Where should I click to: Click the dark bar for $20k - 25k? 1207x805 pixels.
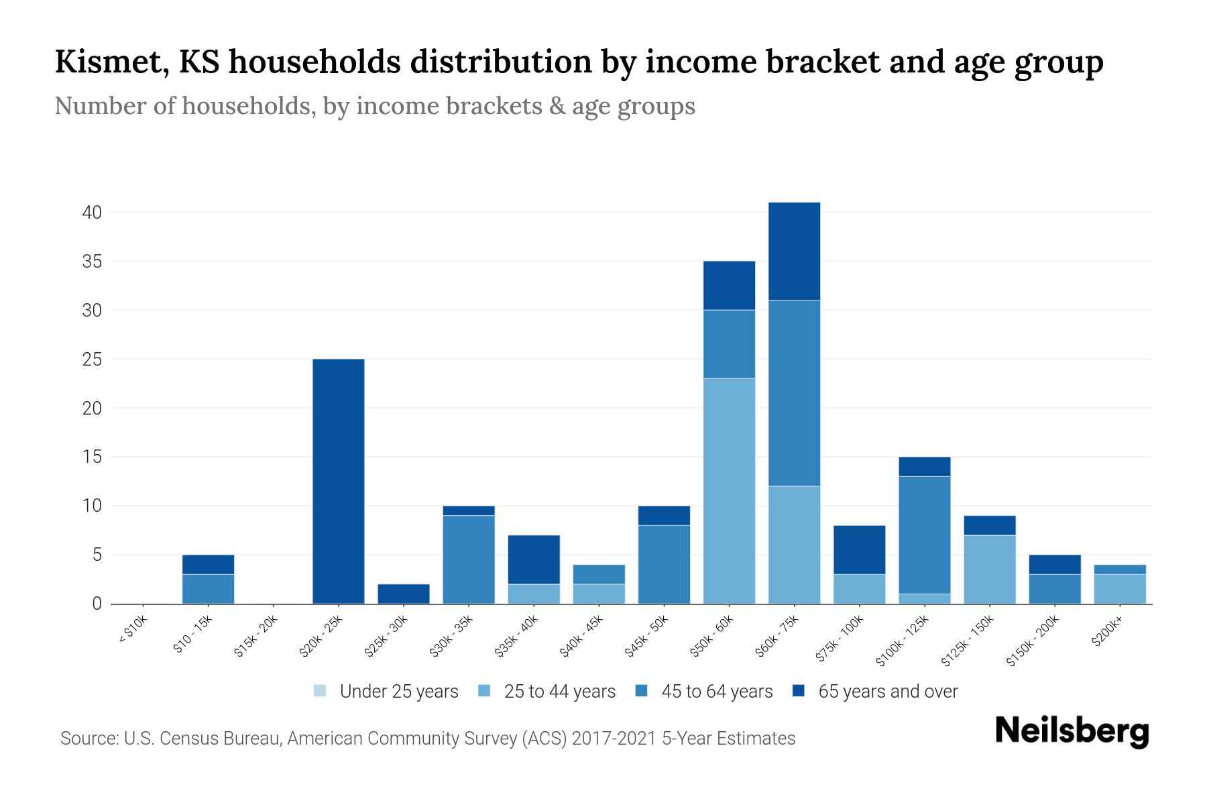point(339,481)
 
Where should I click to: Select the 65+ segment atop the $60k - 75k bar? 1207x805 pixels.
point(794,251)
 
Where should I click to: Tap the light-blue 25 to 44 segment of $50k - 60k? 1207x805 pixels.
point(729,491)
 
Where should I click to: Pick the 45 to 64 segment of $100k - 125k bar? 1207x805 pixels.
point(924,535)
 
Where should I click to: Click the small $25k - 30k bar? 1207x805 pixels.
point(404,594)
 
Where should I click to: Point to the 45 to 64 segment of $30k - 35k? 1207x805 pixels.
point(469,559)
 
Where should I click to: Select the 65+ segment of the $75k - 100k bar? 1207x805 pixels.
point(859,549)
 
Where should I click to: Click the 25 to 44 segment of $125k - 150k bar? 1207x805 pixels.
point(989,569)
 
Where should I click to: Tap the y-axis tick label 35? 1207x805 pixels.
point(92,262)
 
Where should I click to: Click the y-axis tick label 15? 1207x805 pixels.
point(92,458)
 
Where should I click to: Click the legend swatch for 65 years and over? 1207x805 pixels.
point(798,691)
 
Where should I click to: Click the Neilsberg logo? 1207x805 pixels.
point(1072,731)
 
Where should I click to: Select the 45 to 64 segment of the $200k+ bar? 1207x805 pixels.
point(1119,570)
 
